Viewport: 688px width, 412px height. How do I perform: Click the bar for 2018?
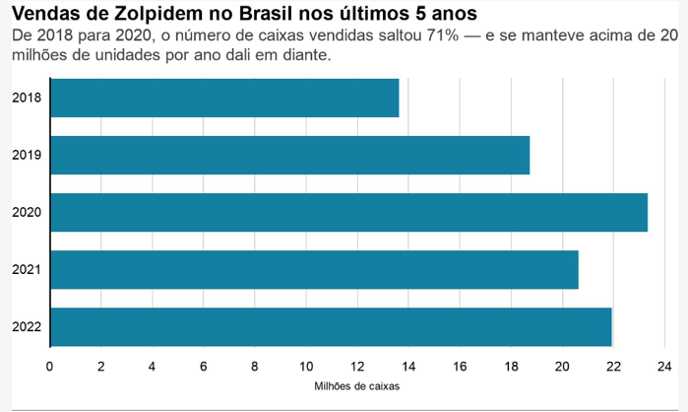(224, 98)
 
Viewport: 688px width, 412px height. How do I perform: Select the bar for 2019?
(289, 155)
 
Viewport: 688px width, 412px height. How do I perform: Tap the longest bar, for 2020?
(348, 212)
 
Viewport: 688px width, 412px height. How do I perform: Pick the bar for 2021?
(314, 269)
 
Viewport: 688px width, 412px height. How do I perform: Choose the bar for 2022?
(331, 326)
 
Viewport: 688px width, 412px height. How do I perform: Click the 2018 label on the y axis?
(26, 98)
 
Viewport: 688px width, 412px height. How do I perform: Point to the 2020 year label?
(26, 212)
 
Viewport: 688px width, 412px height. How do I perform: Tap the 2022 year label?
(26, 326)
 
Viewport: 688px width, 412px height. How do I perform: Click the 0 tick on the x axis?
(50, 366)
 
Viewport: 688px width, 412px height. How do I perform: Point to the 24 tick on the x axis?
(664, 366)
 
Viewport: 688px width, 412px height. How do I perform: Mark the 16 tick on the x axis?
(460, 366)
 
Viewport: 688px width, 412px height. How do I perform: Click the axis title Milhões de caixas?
(356, 387)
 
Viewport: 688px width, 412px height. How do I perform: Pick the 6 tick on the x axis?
(204, 366)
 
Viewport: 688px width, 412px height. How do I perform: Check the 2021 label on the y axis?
(26, 269)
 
